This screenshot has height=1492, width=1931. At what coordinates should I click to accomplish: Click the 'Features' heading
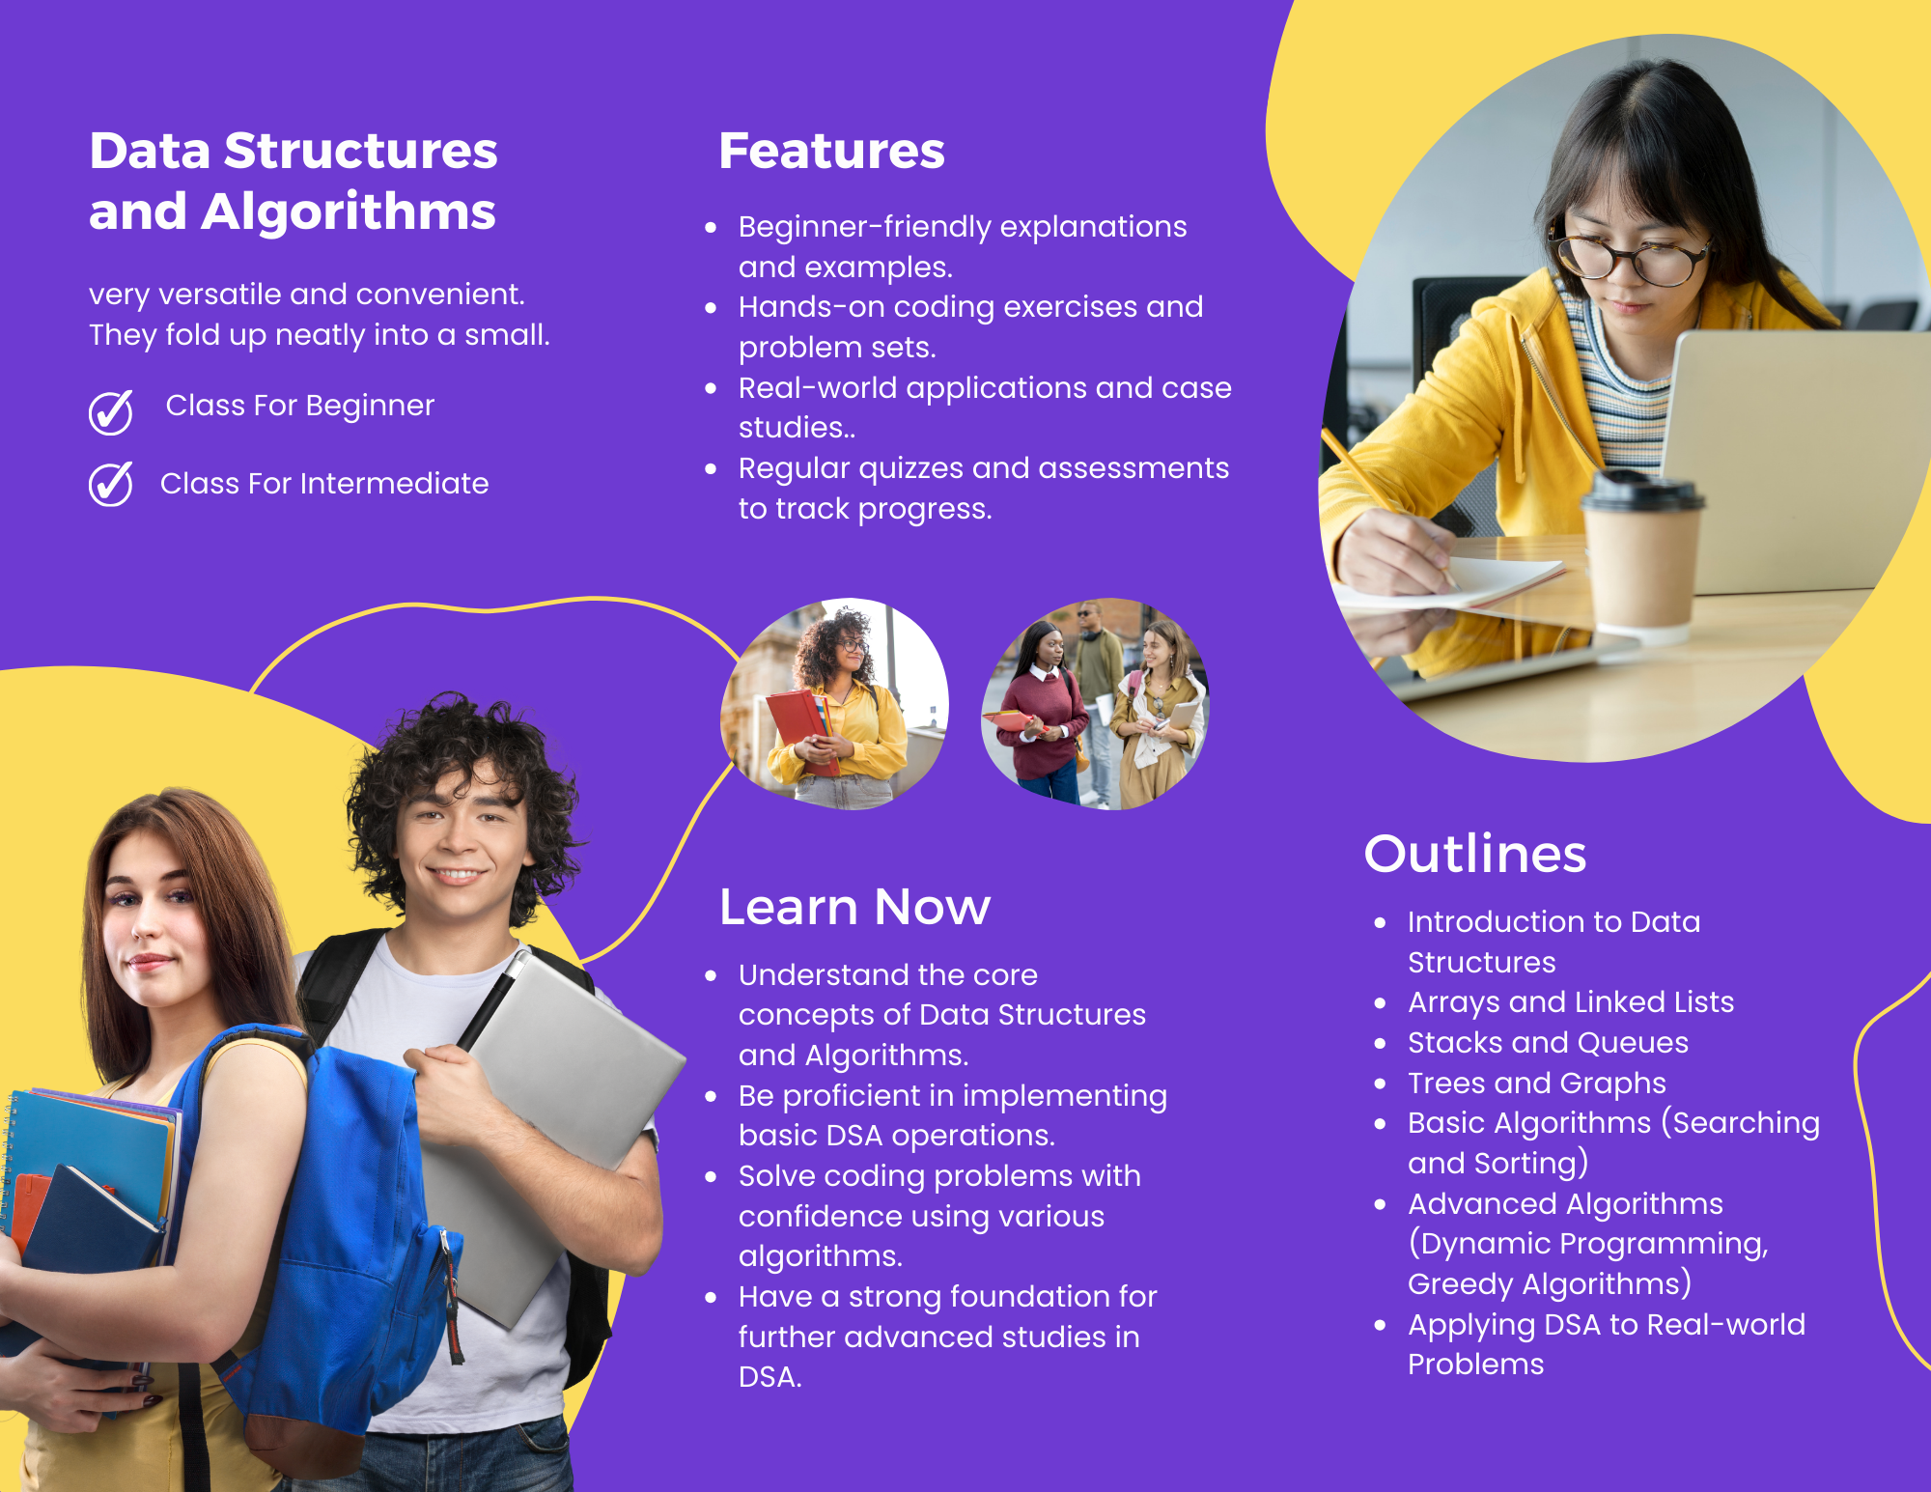(831, 152)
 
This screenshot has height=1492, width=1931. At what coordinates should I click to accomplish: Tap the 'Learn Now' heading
(854, 907)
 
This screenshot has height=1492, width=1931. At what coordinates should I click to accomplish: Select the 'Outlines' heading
(1474, 854)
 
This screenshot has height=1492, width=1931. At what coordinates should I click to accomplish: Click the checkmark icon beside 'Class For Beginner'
(111, 412)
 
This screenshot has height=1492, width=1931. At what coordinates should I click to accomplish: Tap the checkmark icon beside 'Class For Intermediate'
(111, 484)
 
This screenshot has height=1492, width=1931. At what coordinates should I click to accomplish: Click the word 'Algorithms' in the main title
(348, 211)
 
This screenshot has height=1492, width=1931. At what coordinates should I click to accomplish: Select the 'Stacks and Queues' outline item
(1548, 1043)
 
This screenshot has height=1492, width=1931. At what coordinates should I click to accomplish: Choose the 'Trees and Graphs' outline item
(1536, 1084)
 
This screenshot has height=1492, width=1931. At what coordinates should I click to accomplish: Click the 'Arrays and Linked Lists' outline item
(1570, 1002)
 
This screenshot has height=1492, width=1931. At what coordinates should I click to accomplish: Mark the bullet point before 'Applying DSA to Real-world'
(1380, 1325)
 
